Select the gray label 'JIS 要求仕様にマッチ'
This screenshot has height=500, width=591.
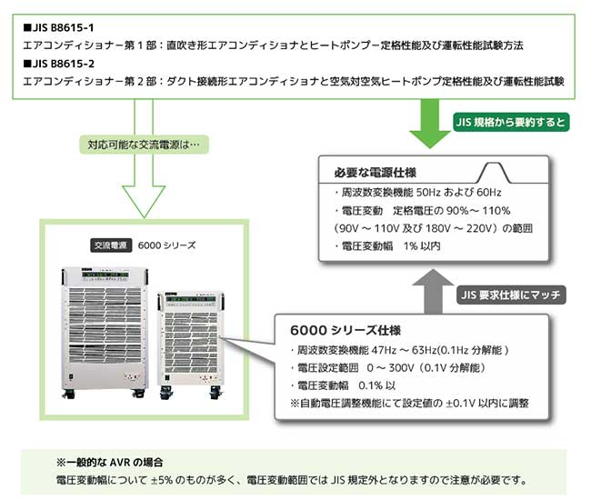[x=511, y=294]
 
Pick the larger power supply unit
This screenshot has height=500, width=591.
[x=104, y=327]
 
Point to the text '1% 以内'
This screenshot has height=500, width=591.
[x=423, y=245]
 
